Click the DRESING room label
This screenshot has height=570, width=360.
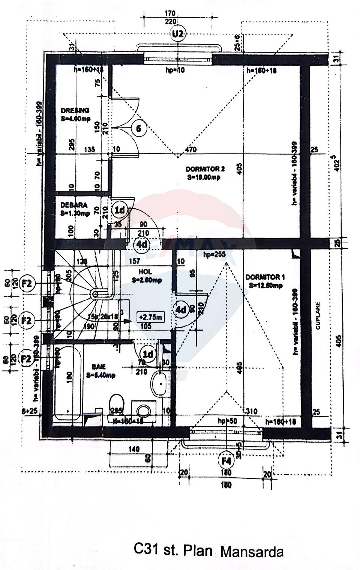point(75,110)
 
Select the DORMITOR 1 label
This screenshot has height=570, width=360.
point(265,277)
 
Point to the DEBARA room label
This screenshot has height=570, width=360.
point(74,205)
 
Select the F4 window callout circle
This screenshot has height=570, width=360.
point(226,460)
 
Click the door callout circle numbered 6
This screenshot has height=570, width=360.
point(138,129)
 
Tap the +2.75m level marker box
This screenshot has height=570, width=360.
point(150,317)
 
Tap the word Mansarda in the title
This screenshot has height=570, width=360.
point(252,552)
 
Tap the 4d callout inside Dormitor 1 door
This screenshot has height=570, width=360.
point(181,310)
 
